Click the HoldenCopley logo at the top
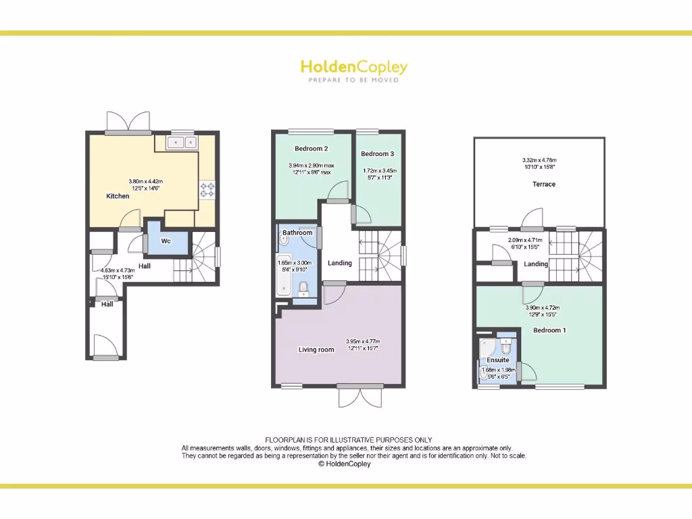click(x=353, y=67)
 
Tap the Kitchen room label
click(x=118, y=196)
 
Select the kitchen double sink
click(x=182, y=142)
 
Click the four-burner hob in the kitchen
click(x=206, y=191)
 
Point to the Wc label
click(x=166, y=241)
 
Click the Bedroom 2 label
click(x=311, y=149)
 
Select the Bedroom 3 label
click(x=377, y=154)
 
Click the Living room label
click(x=316, y=349)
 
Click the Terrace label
click(x=543, y=184)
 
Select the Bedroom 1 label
click(x=549, y=330)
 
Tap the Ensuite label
click(x=498, y=360)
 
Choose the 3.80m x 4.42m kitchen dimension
click(x=146, y=181)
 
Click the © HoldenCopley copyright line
click(x=345, y=464)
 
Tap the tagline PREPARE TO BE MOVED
click(x=353, y=80)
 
